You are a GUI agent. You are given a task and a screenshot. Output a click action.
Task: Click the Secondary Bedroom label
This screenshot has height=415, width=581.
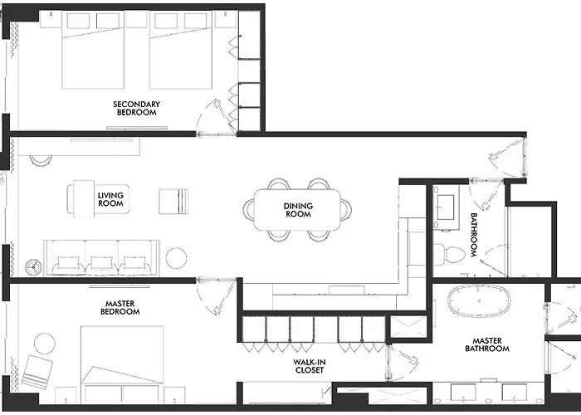click(136, 108)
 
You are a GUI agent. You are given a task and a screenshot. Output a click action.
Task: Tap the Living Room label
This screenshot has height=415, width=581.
click(110, 199)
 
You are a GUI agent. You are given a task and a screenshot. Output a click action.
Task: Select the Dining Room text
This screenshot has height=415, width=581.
click(298, 210)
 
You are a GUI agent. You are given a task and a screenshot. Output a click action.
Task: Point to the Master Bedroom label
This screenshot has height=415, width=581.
click(120, 308)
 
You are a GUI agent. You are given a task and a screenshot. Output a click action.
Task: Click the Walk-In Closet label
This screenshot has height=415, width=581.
click(310, 366)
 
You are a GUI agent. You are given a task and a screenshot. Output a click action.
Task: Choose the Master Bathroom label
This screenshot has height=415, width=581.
click(487, 344)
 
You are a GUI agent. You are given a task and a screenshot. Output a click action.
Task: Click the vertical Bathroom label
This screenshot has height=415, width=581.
click(474, 235)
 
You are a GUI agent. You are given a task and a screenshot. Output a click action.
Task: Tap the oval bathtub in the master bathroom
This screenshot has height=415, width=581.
click(479, 300)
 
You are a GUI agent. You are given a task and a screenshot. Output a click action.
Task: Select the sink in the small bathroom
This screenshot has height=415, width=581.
click(446, 207)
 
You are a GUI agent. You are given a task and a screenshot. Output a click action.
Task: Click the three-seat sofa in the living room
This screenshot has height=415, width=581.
click(101, 258)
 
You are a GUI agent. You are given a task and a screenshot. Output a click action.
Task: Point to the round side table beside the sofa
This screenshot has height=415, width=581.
click(176, 258)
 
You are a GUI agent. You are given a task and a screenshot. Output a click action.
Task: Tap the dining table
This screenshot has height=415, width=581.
click(297, 210)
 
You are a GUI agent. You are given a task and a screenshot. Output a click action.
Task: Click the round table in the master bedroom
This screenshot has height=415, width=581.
click(45, 344)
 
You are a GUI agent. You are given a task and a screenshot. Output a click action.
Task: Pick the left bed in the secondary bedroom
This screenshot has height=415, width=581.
click(93, 50)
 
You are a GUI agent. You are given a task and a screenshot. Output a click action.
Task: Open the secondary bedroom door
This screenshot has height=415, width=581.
click(216, 118)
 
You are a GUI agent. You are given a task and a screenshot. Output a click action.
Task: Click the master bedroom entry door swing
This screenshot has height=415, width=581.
click(217, 295)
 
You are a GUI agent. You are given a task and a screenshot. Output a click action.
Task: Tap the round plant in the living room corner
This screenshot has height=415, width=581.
click(34, 266)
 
